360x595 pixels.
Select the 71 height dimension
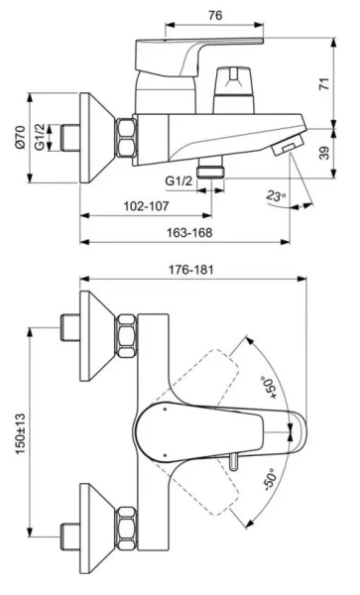[x=323, y=84]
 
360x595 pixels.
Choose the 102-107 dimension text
[x=145, y=207]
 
